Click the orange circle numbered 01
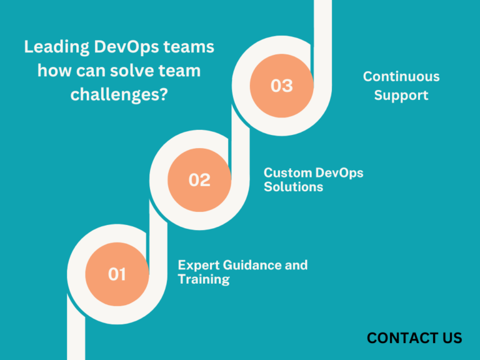(117, 274)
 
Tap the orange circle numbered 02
(199, 180)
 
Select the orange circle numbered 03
(281, 86)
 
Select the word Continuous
(401, 77)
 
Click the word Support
(401, 96)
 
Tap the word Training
(203, 279)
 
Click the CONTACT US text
(414, 338)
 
